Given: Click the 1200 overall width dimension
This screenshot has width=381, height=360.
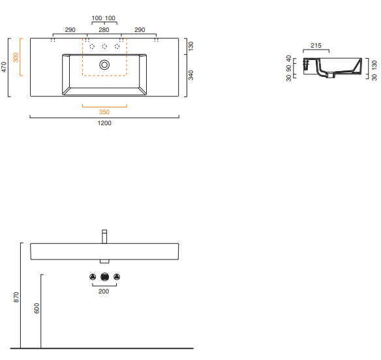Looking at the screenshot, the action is (x=104, y=123).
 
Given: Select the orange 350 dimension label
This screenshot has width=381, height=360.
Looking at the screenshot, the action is (x=104, y=112).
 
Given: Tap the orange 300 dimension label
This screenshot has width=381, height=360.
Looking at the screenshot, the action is (x=16, y=57).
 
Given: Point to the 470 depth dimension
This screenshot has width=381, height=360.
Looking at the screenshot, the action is (x=4, y=67).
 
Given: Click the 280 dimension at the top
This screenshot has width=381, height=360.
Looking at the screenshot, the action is (x=104, y=30).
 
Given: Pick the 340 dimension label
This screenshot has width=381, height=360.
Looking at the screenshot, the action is (x=191, y=75).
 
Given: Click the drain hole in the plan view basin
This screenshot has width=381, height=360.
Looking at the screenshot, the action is (x=104, y=65).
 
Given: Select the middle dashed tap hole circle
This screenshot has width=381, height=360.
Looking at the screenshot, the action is (x=104, y=46).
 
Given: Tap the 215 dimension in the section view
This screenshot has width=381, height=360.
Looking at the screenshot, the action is (x=316, y=46).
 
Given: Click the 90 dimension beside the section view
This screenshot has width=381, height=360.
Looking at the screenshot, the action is (x=288, y=68).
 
